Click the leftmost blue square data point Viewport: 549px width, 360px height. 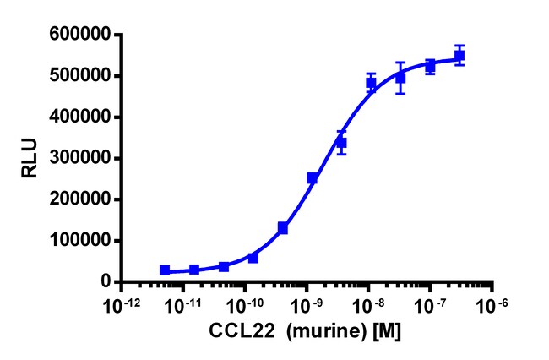165,270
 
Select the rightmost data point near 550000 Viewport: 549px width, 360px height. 459,56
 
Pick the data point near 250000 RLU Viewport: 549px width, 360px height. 313,178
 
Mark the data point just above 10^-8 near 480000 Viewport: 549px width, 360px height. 371,83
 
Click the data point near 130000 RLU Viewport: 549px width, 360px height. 283,228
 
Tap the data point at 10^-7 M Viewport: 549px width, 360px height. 430,66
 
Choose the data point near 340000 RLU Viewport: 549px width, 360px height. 341,143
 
